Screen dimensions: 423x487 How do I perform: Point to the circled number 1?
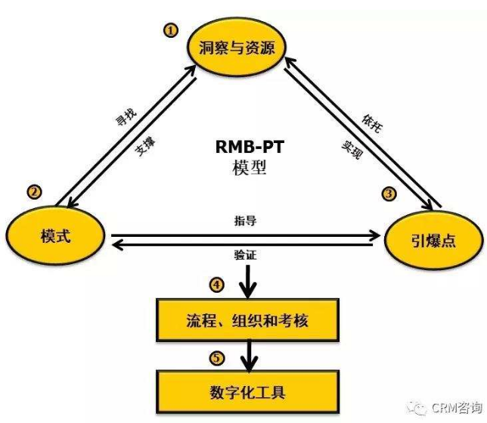coord(171,30)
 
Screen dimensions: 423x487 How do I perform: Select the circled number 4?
coord(217,285)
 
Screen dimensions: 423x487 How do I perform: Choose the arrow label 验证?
coord(246,255)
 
